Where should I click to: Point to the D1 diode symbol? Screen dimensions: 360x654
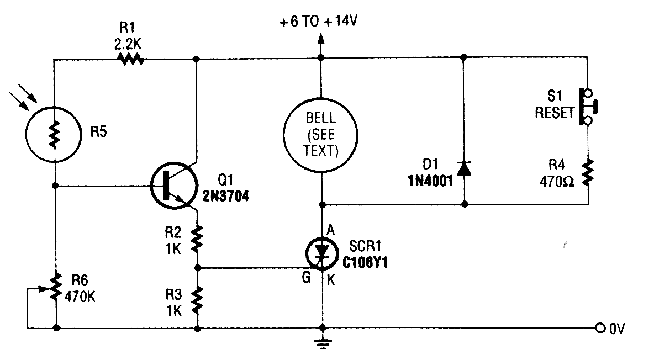(x=464, y=168)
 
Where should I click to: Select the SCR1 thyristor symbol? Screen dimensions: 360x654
(x=323, y=253)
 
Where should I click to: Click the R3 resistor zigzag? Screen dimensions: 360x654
(x=197, y=299)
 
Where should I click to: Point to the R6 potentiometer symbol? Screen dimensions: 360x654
(x=55, y=290)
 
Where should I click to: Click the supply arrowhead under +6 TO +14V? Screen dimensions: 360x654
(x=320, y=40)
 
